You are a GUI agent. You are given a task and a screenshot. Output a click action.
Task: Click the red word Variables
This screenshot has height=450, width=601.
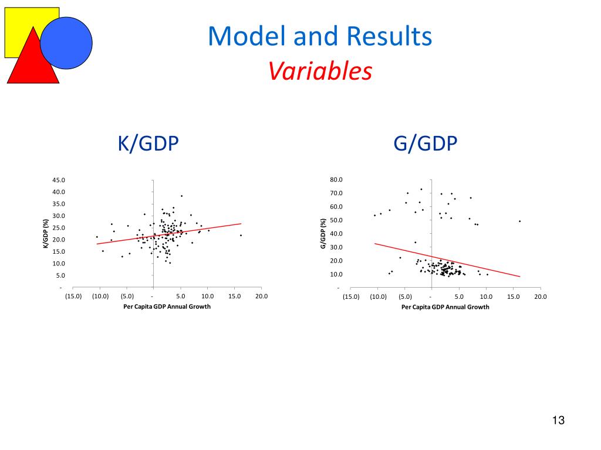click(x=320, y=72)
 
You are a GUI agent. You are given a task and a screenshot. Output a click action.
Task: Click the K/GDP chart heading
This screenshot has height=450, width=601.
click(x=148, y=144)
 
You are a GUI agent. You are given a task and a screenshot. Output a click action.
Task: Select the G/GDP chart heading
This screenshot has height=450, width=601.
click(x=426, y=144)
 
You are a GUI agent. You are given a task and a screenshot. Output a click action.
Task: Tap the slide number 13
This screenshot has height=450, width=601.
click(x=558, y=421)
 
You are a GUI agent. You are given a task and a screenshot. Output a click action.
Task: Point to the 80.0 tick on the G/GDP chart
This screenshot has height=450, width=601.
click(x=336, y=179)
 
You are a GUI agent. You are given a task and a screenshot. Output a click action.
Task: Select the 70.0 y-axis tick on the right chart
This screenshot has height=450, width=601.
click(x=336, y=193)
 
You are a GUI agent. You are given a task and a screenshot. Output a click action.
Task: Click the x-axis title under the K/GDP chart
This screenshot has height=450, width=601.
click(x=167, y=306)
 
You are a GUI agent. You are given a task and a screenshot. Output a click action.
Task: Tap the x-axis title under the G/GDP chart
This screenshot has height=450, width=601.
click(x=445, y=307)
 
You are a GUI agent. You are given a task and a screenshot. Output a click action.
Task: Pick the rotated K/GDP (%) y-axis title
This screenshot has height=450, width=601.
click(x=45, y=233)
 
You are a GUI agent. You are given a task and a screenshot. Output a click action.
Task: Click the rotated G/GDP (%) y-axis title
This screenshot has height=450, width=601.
click(x=323, y=233)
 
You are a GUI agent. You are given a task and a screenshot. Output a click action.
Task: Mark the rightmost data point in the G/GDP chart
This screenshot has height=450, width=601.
click(x=519, y=221)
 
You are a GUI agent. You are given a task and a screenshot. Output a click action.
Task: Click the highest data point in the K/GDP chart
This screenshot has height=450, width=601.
click(x=182, y=196)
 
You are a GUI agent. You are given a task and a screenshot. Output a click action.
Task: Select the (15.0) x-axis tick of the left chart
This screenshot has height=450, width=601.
click(x=73, y=296)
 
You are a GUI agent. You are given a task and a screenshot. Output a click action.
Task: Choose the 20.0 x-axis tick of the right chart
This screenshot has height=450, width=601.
click(x=540, y=296)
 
